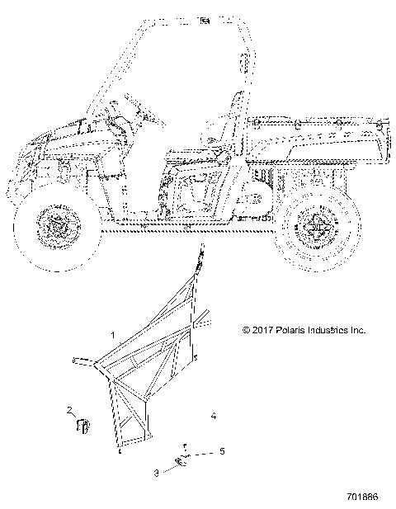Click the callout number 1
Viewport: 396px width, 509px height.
pyautogui.click(x=113, y=335)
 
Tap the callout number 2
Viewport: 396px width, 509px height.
pyautogui.click(x=69, y=410)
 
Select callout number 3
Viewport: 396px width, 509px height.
pyautogui.click(x=157, y=473)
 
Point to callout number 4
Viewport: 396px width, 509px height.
pyautogui.click(x=213, y=416)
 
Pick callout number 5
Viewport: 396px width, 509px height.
pyautogui.click(x=222, y=451)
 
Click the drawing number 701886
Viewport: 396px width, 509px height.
pyautogui.click(x=362, y=497)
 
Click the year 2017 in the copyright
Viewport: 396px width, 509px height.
pyautogui.click(x=262, y=330)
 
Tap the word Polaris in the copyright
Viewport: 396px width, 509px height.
pyautogui.click(x=290, y=330)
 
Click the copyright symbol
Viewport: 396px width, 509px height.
pyautogui.click(x=247, y=330)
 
